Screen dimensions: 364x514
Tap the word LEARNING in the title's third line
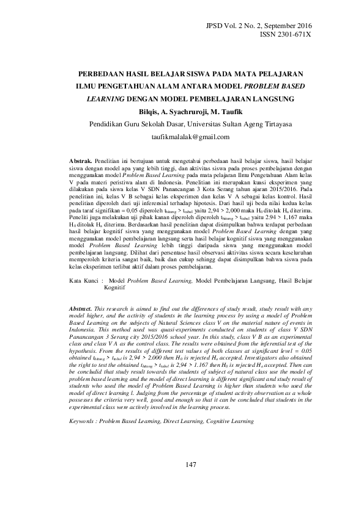(105, 97)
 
